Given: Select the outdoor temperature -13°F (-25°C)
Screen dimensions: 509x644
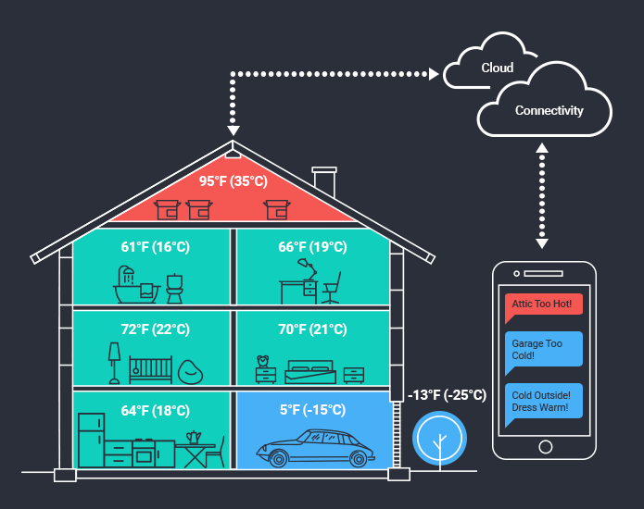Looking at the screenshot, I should (447, 395).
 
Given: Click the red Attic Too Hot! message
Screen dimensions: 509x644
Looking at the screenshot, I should (544, 304).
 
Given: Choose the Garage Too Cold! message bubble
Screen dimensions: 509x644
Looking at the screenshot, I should (544, 349).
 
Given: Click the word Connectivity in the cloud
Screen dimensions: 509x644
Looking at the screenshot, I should (549, 111).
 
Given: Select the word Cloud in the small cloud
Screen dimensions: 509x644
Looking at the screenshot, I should (497, 68).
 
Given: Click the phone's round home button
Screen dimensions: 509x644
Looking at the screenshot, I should (545, 446).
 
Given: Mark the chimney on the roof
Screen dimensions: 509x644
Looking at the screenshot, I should (324, 181).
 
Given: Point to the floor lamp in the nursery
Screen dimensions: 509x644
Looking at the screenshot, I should (114, 362).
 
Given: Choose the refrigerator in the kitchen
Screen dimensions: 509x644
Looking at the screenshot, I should (90, 441).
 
